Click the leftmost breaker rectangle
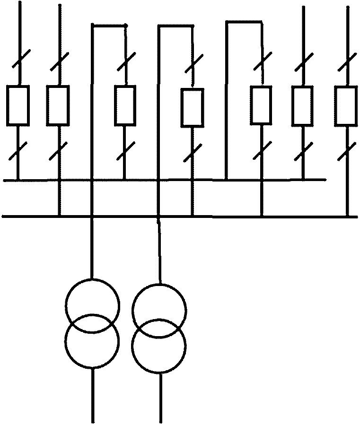18,105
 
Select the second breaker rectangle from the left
58,105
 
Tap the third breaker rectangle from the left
125,105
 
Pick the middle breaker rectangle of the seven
193,108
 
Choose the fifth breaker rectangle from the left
261,105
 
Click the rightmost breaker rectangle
346,105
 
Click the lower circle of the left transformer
92,341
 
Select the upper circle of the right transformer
159,310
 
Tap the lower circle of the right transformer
159,347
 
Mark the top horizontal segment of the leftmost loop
109,26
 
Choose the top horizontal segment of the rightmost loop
244,21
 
